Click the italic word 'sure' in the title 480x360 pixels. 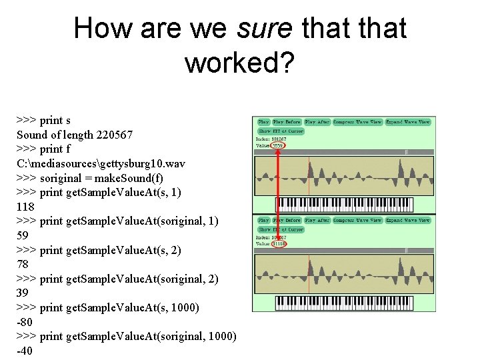(x=264, y=29)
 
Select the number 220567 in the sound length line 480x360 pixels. (x=115, y=135)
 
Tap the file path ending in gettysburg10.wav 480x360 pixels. (x=101, y=163)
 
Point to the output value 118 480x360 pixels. (x=25, y=207)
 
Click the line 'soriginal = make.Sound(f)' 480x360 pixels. (x=89, y=178)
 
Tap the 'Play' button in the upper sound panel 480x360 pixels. (x=263, y=122)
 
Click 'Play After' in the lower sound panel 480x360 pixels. (x=317, y=220)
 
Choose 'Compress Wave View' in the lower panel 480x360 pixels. (x=357, y=220)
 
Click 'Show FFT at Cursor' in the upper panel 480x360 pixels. (x=281, y=131)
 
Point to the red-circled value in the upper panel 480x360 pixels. (x=279, y=145)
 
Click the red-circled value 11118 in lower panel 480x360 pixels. (x=279, y=243)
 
